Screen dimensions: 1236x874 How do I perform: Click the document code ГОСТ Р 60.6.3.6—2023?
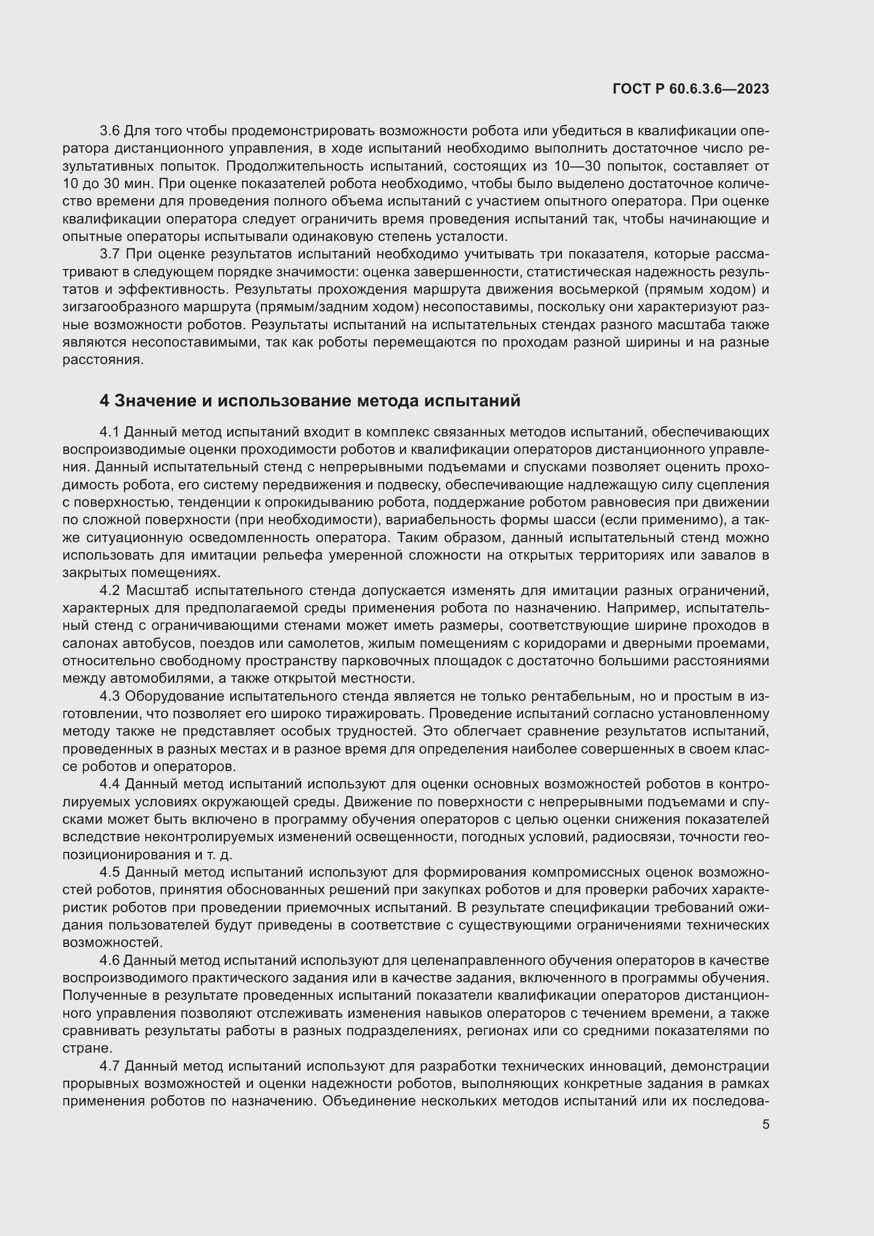[691, 89]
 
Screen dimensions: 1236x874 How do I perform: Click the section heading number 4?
[105, 401]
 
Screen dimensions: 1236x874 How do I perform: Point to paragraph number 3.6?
[110, 131]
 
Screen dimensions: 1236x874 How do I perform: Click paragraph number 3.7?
[110, 254]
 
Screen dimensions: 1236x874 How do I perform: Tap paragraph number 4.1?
[110, 432]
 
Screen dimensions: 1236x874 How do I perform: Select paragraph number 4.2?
[110, 591]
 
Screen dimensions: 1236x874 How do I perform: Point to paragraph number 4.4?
[110, 784]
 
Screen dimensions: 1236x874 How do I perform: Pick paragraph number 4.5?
[110, 872]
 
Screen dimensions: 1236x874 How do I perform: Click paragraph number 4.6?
[110, 960]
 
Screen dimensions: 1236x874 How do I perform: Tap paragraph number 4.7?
[110, 1066]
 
